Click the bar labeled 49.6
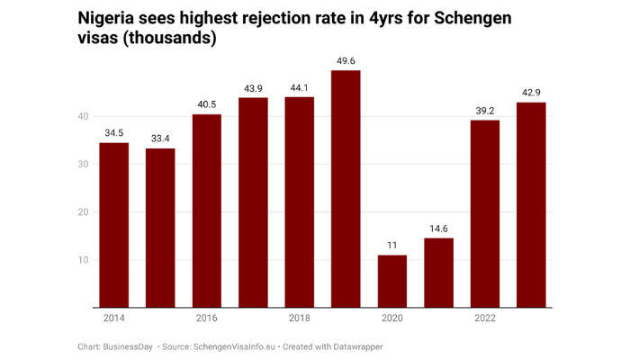(346, 189)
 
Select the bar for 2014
(114, 225)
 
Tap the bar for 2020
(392, 281)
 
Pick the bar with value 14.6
(438, 273)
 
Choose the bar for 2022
(485, 213)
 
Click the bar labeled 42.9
(531, 204)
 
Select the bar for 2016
(207, 211)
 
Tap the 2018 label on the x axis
(299, 319)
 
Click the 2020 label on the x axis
(392, 319)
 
